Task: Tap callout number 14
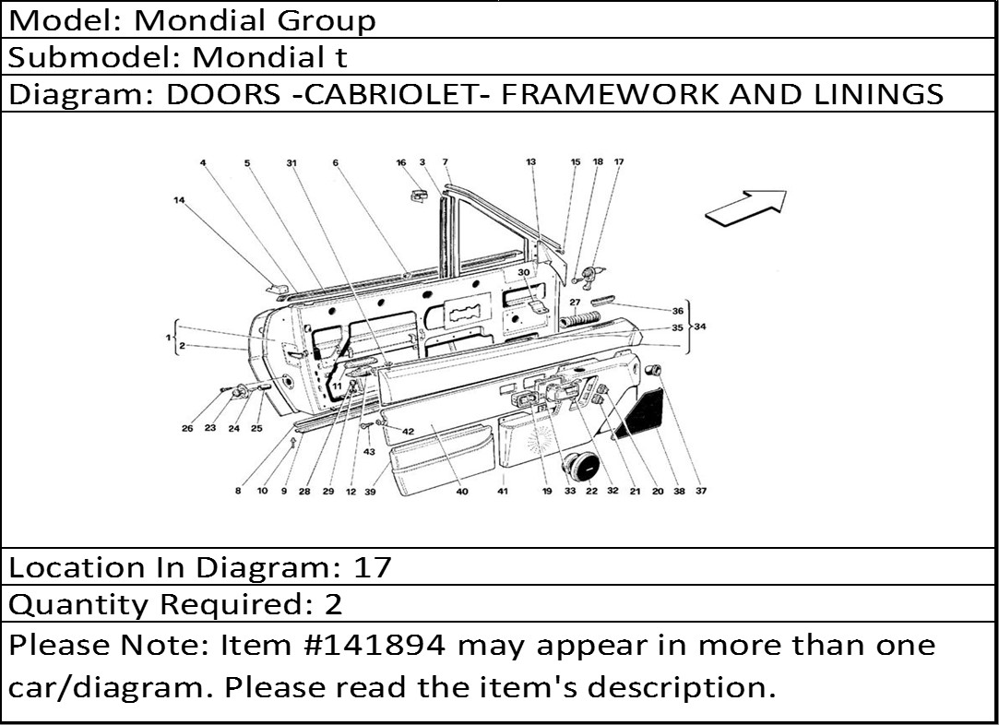tap(178, 199)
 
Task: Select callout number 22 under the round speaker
tap(591, 492)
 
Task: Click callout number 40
tap(462, 492)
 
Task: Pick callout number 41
tap(503, 492)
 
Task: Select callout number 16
tap(401, 163)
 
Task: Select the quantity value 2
tap(334, 605)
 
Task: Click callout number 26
tap(187, 428)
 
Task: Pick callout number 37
tap(701, 492)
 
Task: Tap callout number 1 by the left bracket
tap(169, 339)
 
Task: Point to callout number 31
tap(291, 163)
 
